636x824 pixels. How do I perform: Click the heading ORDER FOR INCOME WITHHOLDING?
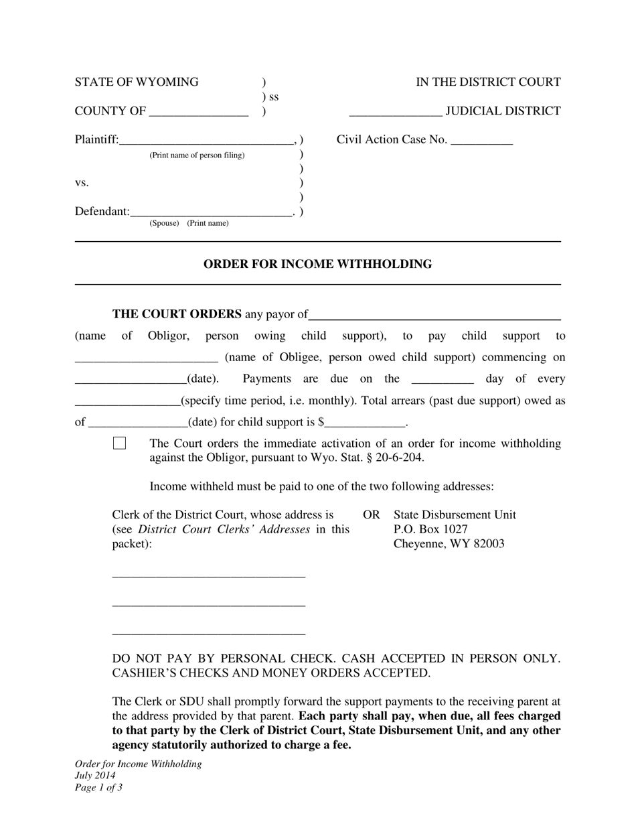click(317, 264)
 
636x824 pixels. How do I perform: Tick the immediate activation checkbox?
click(119, 443)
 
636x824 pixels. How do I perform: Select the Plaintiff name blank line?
click(206, 141)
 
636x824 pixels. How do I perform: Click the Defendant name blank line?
click(211, 212)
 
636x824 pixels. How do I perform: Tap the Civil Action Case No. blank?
click(482, 141)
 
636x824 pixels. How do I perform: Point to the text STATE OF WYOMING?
click(137, 82)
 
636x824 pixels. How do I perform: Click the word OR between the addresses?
click(371, 514)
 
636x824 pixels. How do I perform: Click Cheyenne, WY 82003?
click(449, 544)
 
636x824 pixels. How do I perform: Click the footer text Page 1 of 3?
click(98, 788)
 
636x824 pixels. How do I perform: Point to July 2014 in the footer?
click(95, 776)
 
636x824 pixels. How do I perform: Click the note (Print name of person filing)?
click(197, 155)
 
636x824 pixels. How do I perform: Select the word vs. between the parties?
click(82, 183)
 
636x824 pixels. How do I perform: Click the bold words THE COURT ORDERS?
click(177, 314)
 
